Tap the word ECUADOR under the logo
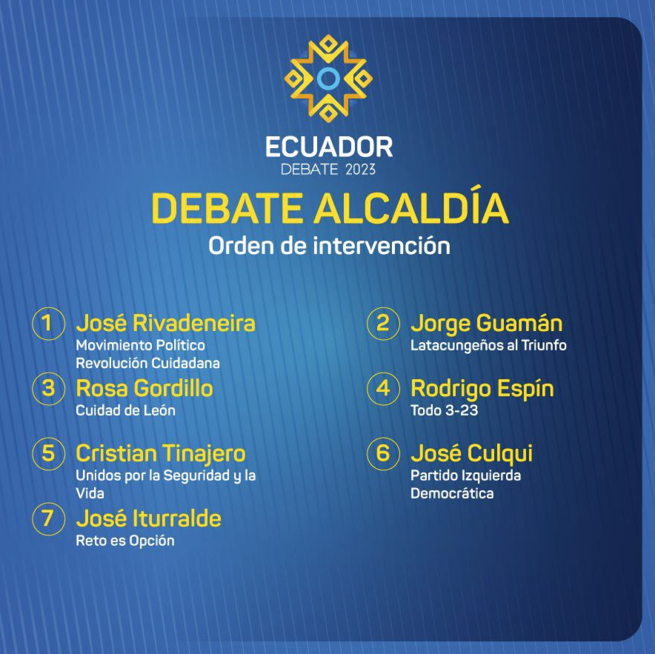(x=329, y=147)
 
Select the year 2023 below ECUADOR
(x=361, y=169)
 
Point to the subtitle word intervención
(x=382, y=246)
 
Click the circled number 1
(x=49, y=324)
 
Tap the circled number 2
(x=384, y=324)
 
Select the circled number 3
(x=49, y=389)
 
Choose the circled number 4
(x=384, y=389)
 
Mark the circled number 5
(x=49, y=454)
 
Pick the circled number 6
(x=384, y=454)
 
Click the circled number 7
(x=49, y=519)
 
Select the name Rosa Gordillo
(x=144, y=389)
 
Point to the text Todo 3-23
(x=444, y=410)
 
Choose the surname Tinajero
(x=204, y=454)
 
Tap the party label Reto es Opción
(x=125, y=541)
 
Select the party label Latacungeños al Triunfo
(x=488, y=346)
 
